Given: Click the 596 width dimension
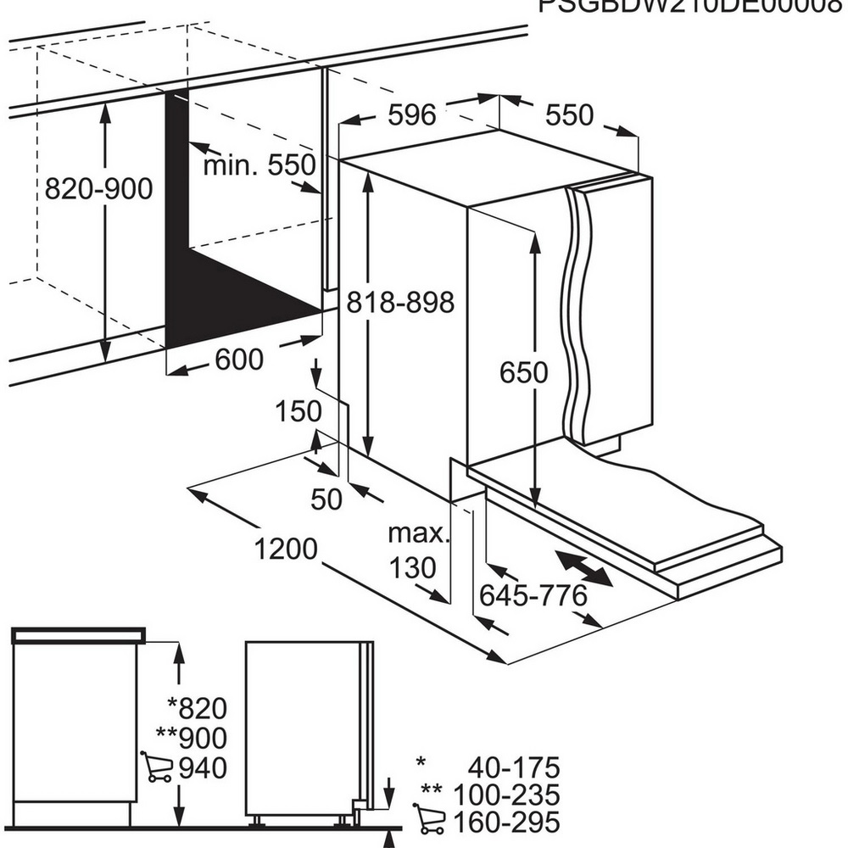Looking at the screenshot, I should coord(411,114).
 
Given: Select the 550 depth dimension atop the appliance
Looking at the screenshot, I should coord(569,115).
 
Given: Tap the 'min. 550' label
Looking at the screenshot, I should coord(259,165).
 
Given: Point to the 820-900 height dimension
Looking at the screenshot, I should coord(99,188).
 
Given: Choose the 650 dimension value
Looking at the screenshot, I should coord(523,371).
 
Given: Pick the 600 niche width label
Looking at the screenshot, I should coord(239,360).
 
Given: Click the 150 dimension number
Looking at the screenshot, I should coord(298,411).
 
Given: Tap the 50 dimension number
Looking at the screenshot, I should coord(326,499).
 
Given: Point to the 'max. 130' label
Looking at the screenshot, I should coord(416,550).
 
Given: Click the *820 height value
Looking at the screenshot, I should coord(197,706).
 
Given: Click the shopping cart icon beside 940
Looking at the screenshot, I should coord(156,767).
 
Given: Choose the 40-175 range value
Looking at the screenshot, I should coord(514,768).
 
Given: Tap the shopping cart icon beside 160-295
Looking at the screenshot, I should coord(429,822).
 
